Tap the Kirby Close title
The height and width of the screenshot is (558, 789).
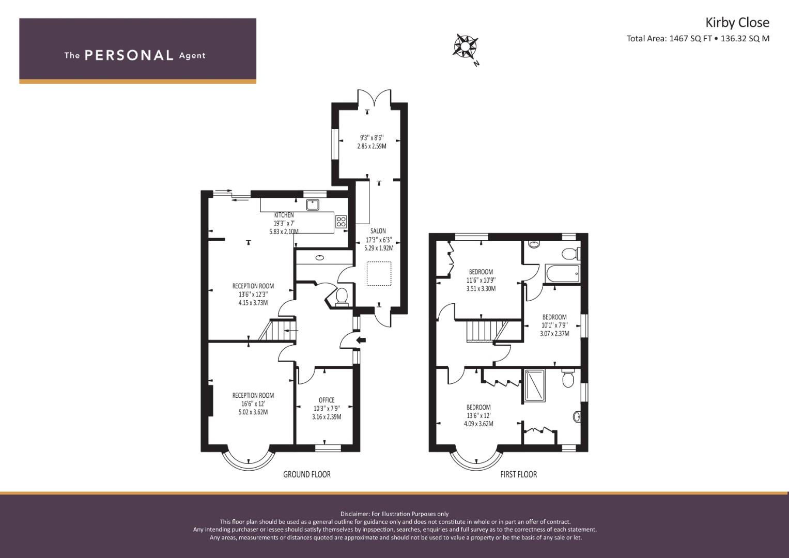pyautogui.click(x=737, y=23)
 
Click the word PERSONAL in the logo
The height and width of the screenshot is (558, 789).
pyautogui.click(x=129, y=55)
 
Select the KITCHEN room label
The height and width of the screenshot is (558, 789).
pyautogui.click(x=284, y=215)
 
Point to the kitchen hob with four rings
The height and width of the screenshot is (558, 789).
pyautogui.click(x=341, y=222)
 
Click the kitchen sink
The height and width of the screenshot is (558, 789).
pyautogui.click(x=313, y=204)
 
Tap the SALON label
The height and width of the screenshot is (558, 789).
pyautogui.click(x=378, y=231)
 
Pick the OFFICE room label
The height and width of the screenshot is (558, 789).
pyautogui.click(x=327, y=400)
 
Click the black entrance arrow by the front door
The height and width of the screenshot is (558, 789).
pyautogui.click(x=361, y=340)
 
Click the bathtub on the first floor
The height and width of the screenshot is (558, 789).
pyautogui.click(x=562, y=273)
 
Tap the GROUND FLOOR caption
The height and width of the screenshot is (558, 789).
pyautogui.click(x=307, y=474)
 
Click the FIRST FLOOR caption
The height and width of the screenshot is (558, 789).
pyautogui.click(x=518, y=474)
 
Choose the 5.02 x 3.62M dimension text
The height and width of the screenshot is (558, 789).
pyautogui.click(x=253, y=412)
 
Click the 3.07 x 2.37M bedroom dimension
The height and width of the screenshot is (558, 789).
pyautogui.click(x=554, y=333)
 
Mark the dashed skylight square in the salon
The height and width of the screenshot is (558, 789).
pyautogui.click(x=379, y=274)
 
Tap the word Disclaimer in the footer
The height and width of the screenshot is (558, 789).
pyautogui.click(x=354, y=514)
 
